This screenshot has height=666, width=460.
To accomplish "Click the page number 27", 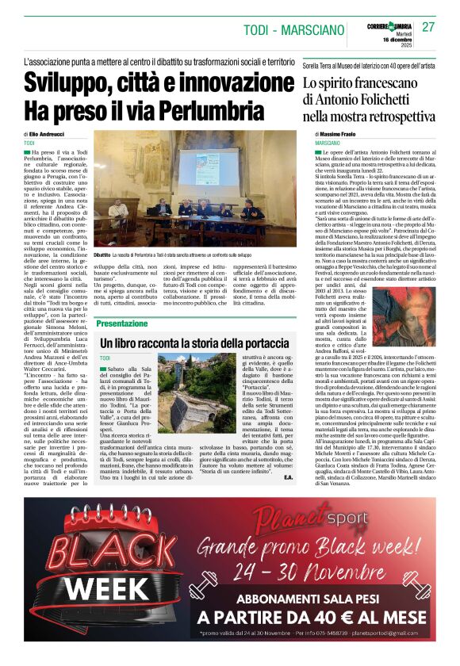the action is pyautogui.click(x=429, y=26).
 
